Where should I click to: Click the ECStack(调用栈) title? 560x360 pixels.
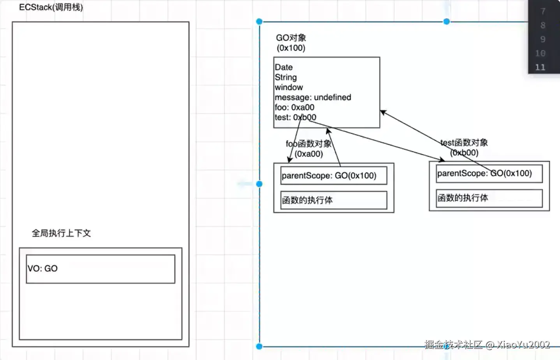(x=51, y=7)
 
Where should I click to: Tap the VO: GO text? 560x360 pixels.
(x=42, y=269)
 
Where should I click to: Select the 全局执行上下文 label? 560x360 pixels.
(x=61, y=233)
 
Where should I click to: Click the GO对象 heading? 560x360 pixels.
(x=291, y=38)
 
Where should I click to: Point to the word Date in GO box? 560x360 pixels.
(x=284, y=67)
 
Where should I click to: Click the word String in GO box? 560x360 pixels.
(x=286, y=77)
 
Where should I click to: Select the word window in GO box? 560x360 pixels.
(x=289, y=87)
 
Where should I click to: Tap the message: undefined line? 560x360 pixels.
(x=313, y=97)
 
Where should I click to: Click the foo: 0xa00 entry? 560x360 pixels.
(x=294, y=107)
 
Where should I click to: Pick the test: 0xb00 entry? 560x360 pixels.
(x=295, y=118)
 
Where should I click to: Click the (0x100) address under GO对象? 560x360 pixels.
(x=291, y=48)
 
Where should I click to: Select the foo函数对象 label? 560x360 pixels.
(x=308, y=144)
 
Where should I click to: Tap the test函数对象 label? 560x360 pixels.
(x=464, y=143)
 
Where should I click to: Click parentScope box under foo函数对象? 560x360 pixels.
(x=333, y=176)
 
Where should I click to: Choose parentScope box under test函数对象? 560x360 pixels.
(x=489, y=174)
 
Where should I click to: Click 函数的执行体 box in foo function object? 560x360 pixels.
(x=333, y=200)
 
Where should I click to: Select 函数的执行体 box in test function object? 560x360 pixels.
(x=489, y=198)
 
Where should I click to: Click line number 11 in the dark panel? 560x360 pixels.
(x=540, y=67)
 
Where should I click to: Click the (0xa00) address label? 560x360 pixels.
(x=309, y=154)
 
